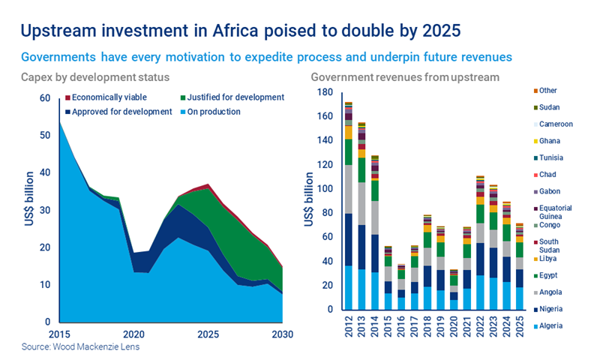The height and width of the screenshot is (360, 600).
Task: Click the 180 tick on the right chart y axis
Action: (x=324, y=92)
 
